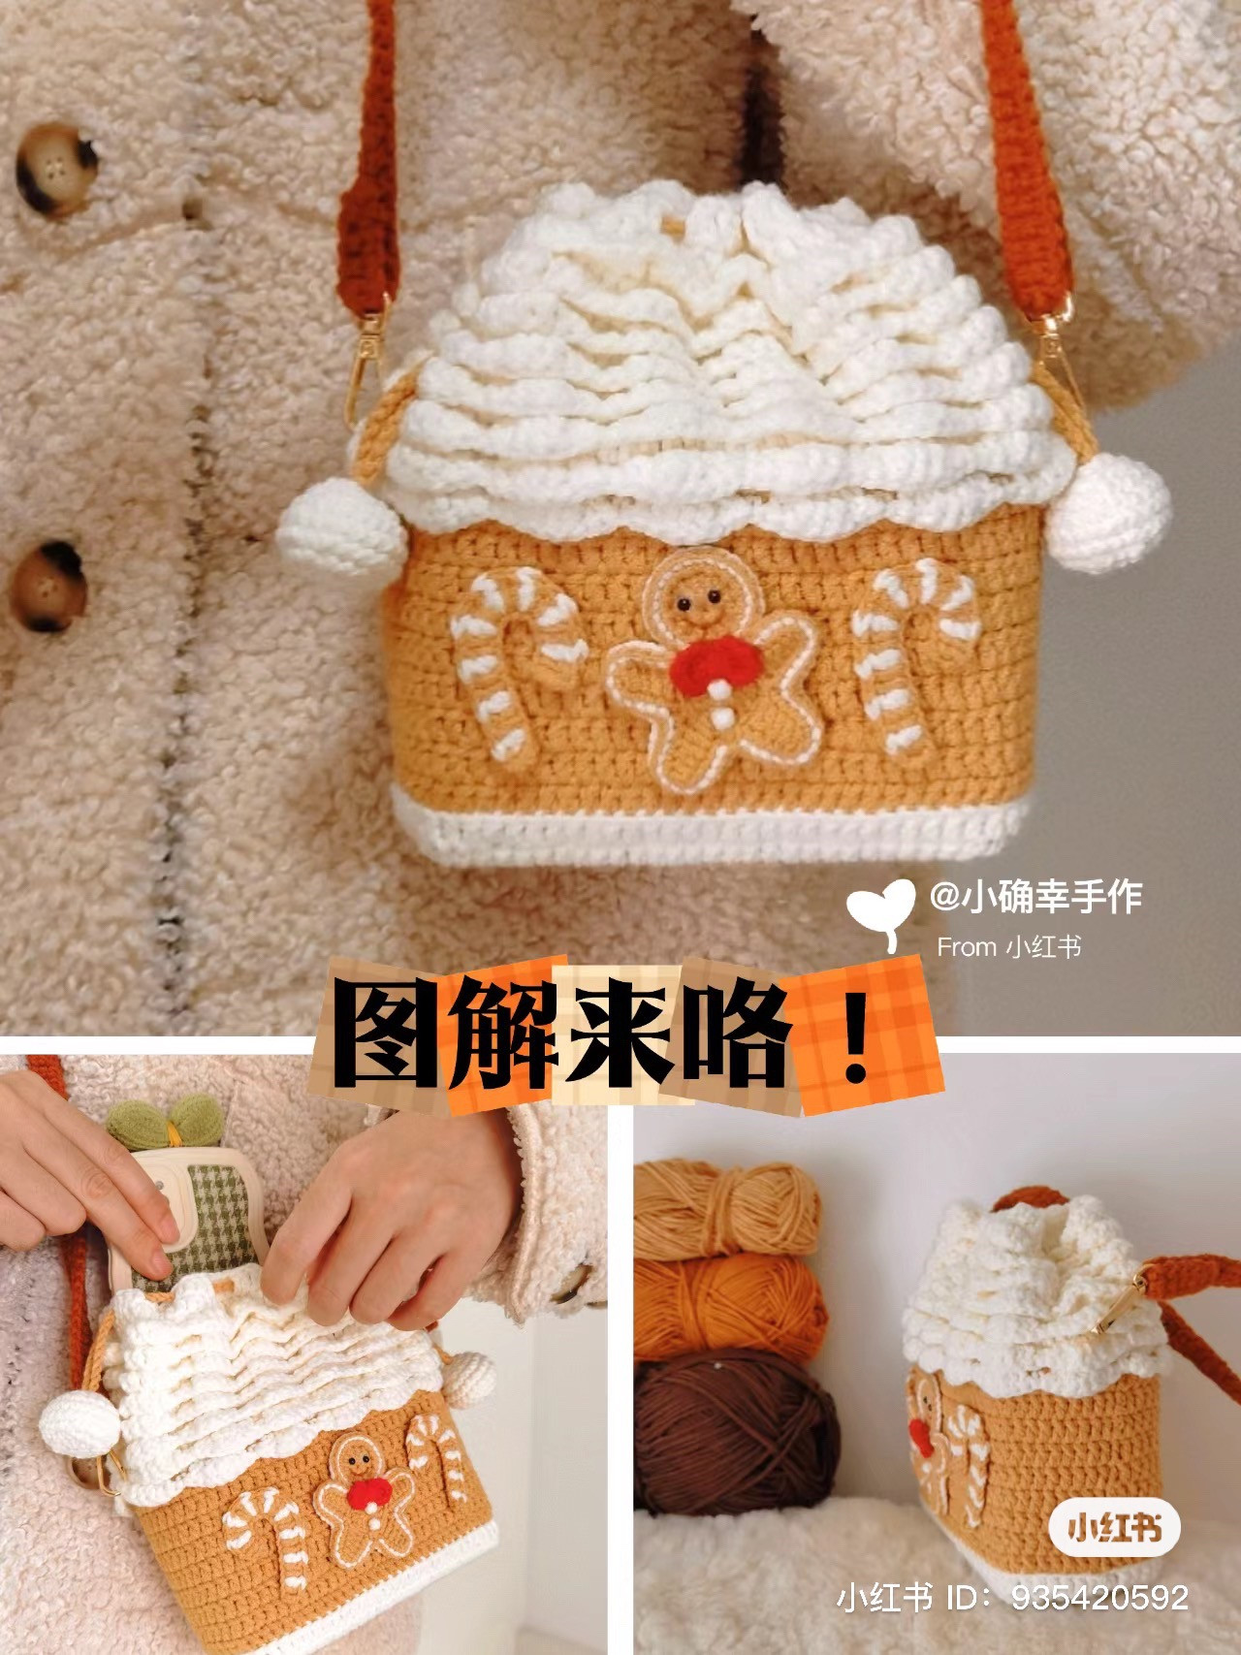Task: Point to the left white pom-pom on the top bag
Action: coord(341,528)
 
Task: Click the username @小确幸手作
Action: coord(1035,896)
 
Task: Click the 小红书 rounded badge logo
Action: coord(1114,1528)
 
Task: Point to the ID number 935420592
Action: coord(1100,1597)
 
